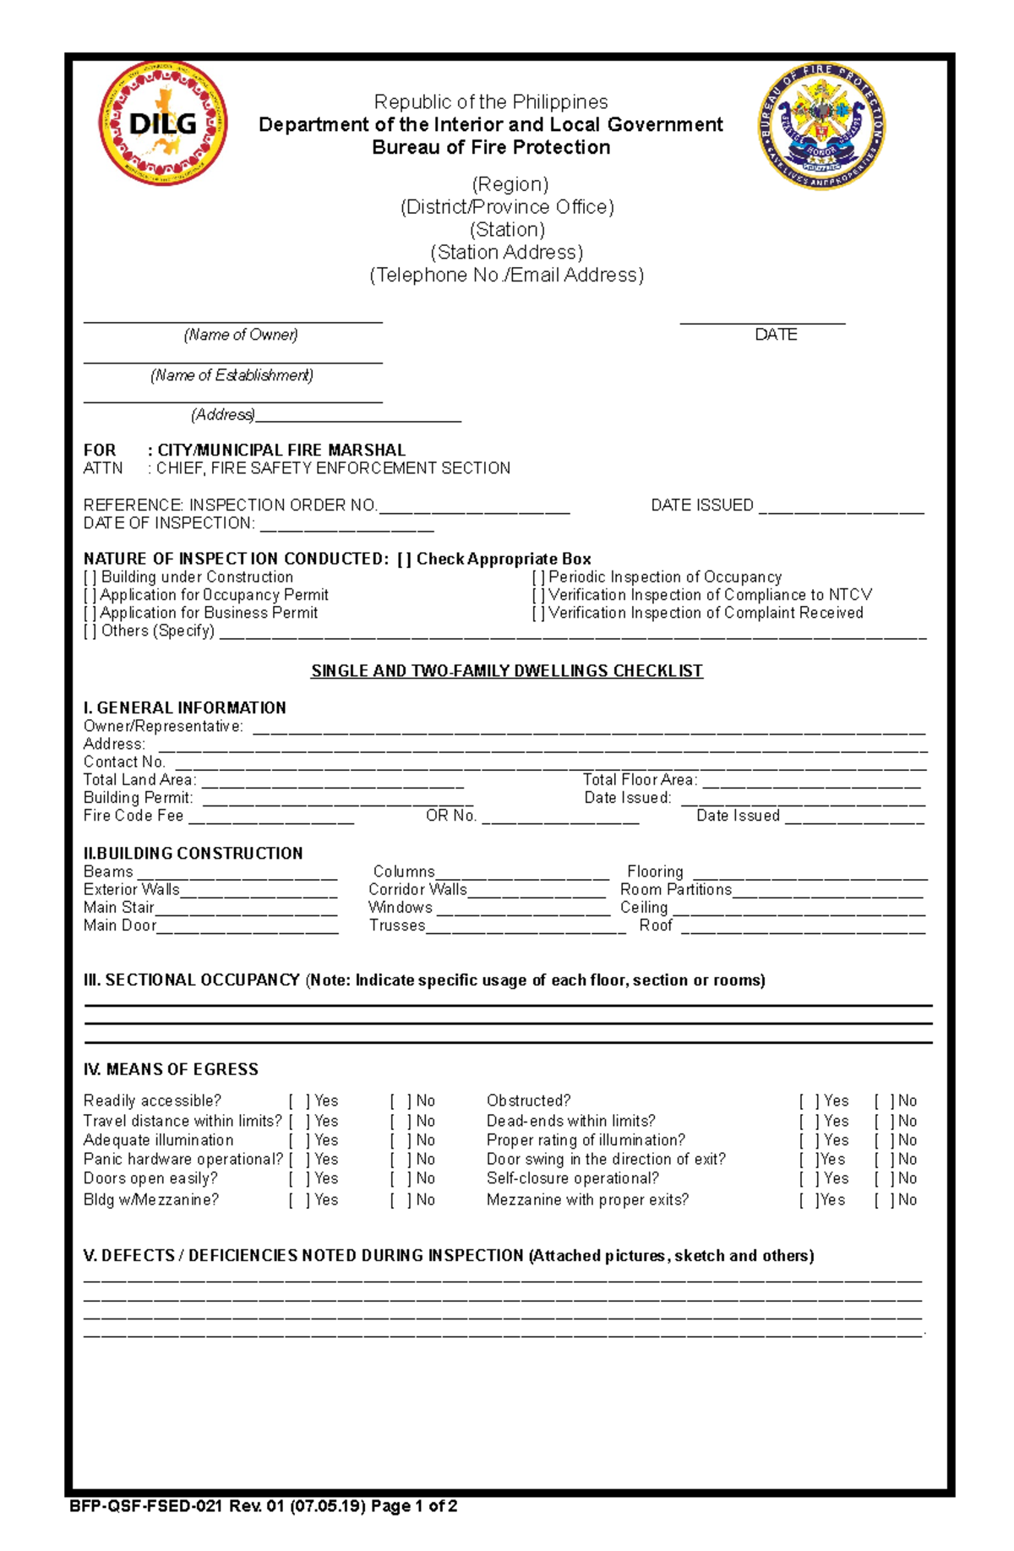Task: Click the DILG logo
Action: (x=163, y=123)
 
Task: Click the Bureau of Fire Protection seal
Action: (x=821, y=126)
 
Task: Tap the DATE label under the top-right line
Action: (x=776, y=335)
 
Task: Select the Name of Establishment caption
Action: (x=232, y=375)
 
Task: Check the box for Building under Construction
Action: (x=90, y=577)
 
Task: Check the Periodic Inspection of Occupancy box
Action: (x=538, y=577)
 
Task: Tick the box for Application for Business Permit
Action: (x=90, y=613)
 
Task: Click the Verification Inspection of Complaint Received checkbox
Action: (x=538, y=613)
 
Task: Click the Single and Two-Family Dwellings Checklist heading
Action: (x=506, y=671)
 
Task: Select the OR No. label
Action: (x=451, y=816)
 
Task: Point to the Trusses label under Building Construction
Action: (x=397, y=926)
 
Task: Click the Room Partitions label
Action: (x=675, y=889)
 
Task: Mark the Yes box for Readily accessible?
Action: (x=300, y=1100)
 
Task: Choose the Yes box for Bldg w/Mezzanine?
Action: (x=300, y=1199)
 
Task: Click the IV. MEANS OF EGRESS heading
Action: (x=171, y=1069)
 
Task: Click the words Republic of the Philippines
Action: (x=491, y=102)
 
